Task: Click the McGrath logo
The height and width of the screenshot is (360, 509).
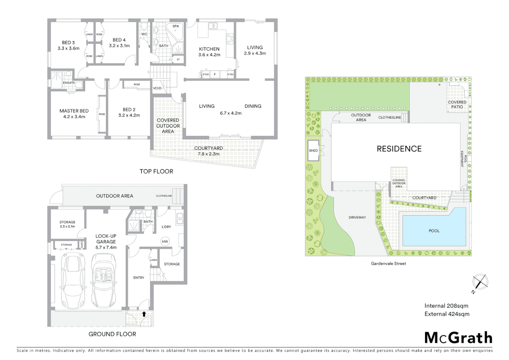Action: point(458,338)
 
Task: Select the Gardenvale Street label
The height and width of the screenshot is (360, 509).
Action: point(388,263)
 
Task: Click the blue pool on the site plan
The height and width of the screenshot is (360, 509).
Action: point(434,226)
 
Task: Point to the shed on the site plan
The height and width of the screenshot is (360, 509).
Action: point(313,151)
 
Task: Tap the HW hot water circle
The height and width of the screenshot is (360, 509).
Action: point(165,242)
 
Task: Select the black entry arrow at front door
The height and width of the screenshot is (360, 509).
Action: point(144,314)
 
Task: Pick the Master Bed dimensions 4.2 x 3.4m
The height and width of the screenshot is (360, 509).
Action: point(74,117)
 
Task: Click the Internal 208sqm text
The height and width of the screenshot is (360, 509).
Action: point(446,306)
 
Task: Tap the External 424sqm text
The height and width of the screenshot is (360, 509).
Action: point(447,314)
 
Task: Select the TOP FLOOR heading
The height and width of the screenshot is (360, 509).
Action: point(156,171)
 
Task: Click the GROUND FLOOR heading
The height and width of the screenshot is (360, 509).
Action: point(112,334)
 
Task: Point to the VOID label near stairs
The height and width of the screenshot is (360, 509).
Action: point(157,88)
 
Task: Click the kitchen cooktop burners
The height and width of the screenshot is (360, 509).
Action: point(230,39)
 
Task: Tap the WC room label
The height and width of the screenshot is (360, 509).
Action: point(144,34)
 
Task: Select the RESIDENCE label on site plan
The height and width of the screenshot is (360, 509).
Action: point(399,149)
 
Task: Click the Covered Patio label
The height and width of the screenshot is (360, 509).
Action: point(457,104)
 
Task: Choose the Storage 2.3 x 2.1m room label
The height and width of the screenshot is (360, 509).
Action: point(67,224)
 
